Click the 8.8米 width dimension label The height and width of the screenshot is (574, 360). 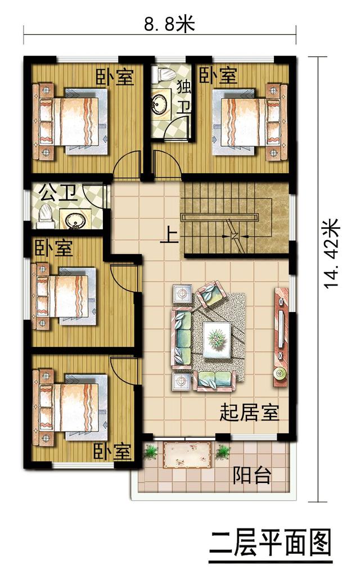point(169,24)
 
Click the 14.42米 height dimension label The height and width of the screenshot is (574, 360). point(332,254)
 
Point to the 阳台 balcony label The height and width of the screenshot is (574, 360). point(253,475)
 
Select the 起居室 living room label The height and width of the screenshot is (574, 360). point(249,412)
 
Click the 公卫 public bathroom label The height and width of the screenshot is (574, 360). point(58,193)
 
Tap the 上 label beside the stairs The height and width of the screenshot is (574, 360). point(170,236)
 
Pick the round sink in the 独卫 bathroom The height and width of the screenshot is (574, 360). point(160,105)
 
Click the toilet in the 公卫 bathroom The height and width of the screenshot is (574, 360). point(45,216)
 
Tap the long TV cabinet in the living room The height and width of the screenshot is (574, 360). point(281,337)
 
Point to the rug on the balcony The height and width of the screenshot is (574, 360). point(188,454)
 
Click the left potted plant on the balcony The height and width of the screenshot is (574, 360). point(151,452)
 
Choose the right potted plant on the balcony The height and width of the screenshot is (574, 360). point(222,452)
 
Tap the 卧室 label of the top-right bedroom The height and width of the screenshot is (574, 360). point(218,75)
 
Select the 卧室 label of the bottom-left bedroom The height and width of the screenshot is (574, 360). point(112,452)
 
